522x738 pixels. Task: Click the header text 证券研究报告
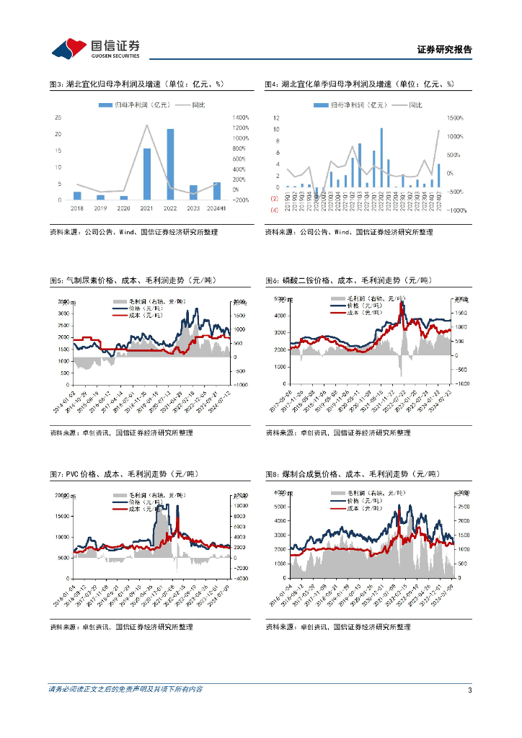[444, 50]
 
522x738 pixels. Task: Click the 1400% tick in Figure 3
[240, 118]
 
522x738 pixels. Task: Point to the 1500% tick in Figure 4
[454, 117]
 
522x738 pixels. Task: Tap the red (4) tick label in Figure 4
[274, 210]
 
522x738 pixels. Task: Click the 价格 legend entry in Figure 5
[137, 308]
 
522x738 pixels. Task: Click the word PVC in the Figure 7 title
[71, 474]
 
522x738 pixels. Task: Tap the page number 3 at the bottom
[469, 690]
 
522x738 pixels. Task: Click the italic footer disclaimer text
[125, 690]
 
